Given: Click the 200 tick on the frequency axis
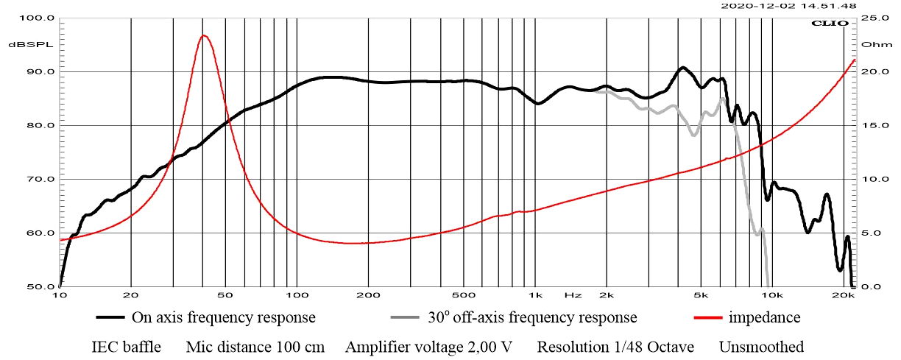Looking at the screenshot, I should tap(367, 295).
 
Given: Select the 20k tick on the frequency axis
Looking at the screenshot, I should tap(844, 295).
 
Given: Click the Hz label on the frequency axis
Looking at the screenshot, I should tap(573, 295).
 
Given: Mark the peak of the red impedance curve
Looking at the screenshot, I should tap(204, 35).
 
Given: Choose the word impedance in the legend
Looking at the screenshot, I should tap(764, 318).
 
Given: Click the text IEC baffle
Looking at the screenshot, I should tap(126, 347).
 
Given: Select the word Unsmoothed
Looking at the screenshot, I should tap(761, 347).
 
